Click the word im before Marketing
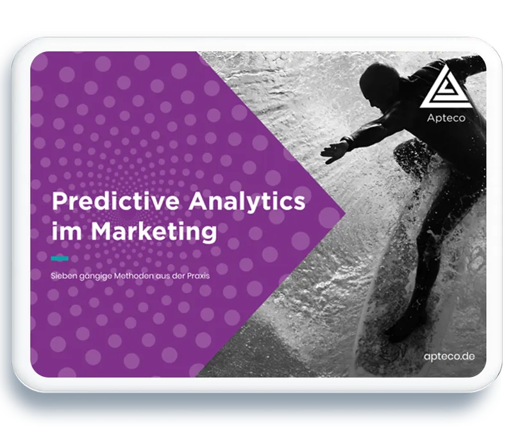tap(69, 231)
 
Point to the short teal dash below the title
tap(60, 258)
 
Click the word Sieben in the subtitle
tap(64, 276)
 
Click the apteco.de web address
tap(449, 356)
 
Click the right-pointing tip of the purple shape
tap(344, 213)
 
